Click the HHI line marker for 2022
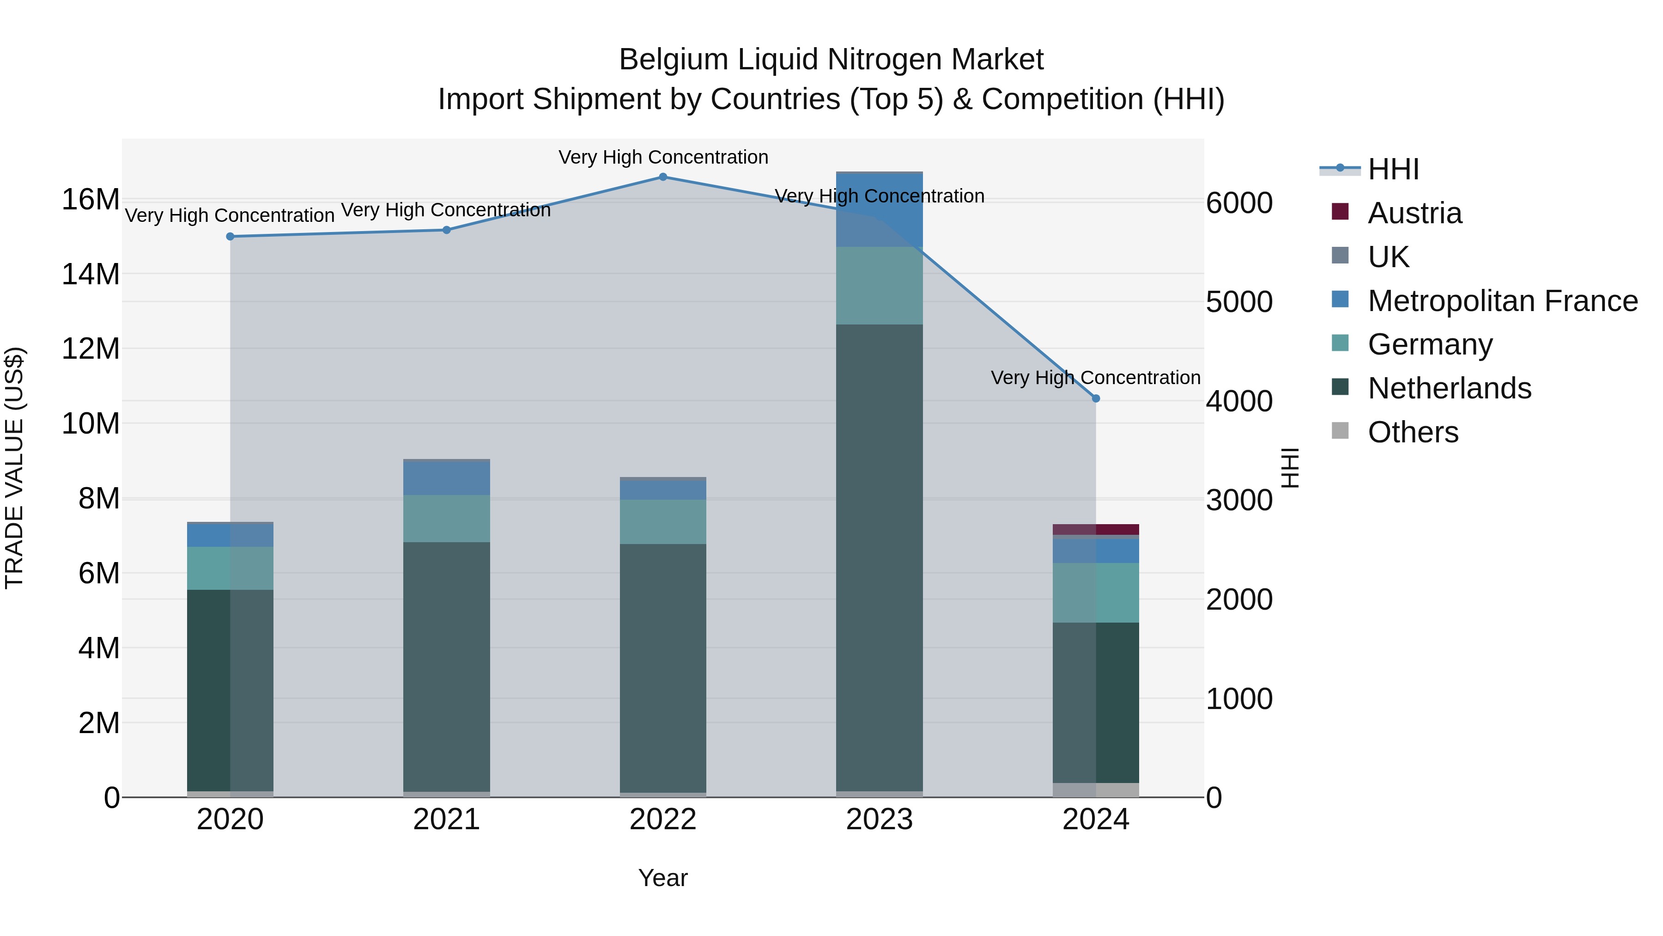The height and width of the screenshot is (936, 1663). point(663,177)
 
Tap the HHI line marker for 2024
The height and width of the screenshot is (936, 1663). point(1096,398)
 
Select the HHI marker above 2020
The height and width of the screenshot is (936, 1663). point(231,236)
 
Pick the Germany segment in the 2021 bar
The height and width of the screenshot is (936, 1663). point(447,518)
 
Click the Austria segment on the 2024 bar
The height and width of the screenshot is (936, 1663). point(1096,530)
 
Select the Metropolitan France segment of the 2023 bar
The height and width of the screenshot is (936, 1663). point(879,210)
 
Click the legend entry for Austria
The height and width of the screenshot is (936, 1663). point(1414,213)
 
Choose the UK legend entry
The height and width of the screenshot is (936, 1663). point(1388,257)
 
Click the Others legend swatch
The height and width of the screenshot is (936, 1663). point(1340,431)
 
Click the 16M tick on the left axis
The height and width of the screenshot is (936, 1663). point(91,200)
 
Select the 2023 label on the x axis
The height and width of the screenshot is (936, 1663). point(879,820)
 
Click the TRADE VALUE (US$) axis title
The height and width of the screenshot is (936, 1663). point(14,468)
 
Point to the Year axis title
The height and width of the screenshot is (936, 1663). point(663,878)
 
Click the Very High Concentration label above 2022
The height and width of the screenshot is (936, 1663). point(663,157)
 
